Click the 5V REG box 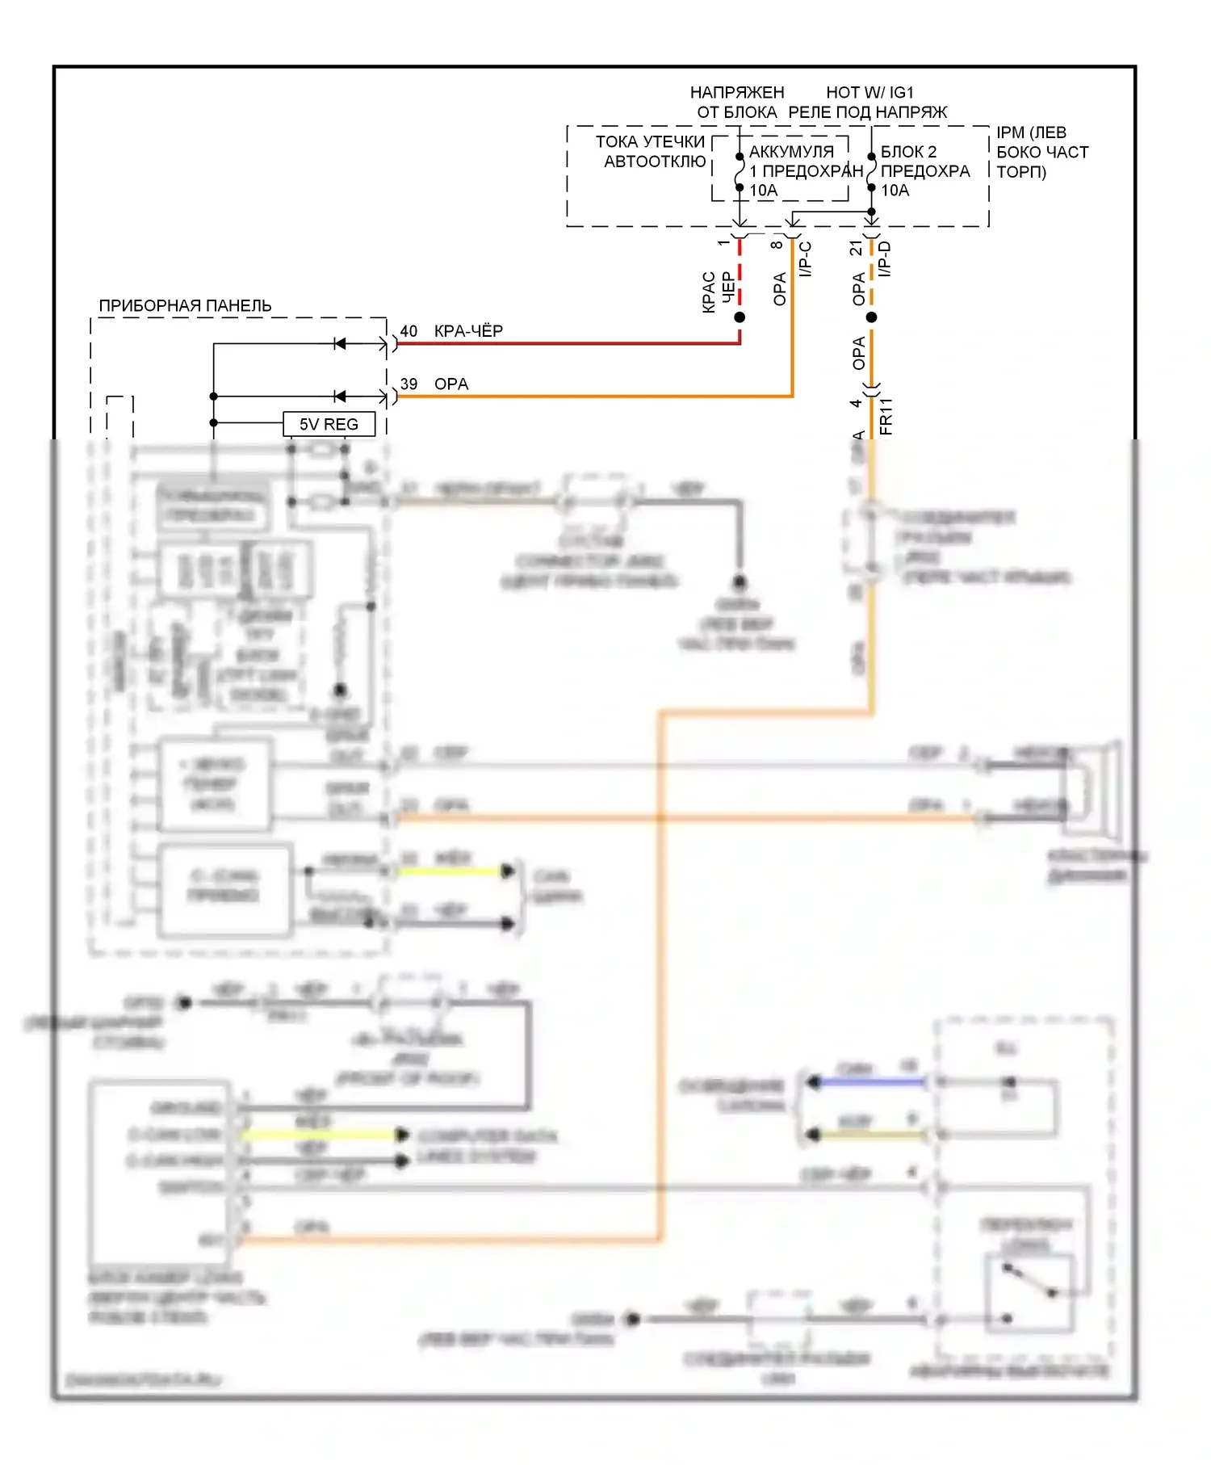tap(329, 424)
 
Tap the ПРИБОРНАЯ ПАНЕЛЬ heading tap(185, 305)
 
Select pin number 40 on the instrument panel tap(409, 331)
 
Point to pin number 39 tap(409, 384)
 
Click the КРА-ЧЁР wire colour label tap(468, 331)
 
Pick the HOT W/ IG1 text tap(869, 92)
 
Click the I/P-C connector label tap(805, 259)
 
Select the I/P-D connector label tap(885, 259)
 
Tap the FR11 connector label tap(886, 416)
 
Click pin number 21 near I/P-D tap(856, 248)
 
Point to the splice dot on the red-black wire tap(740, 317)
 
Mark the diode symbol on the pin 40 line tap(340, 344)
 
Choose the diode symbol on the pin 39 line tap(340, 397)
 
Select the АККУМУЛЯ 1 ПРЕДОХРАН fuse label tap(804, 162)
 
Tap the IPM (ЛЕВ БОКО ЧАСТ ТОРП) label tap(1041, 152)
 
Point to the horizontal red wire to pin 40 tap(565, 343)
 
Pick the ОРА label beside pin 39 tap(451, 384)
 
